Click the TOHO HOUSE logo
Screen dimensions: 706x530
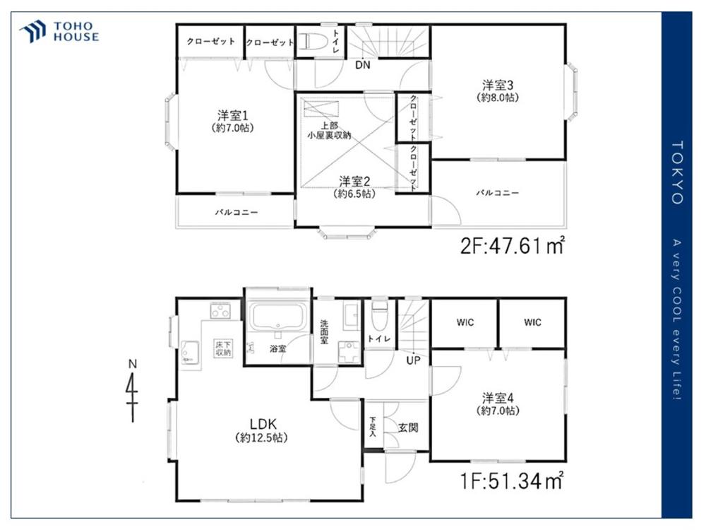click(59, 32)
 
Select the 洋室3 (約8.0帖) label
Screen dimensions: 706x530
click(498, 90)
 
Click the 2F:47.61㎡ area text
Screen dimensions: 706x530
click(513, 246)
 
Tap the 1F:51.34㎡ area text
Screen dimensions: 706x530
click(511, 481)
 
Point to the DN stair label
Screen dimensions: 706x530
click(362, 65)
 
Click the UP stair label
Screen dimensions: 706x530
click(413, 360)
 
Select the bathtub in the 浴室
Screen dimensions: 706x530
click(278, 317)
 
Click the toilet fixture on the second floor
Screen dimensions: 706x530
click(311, 41)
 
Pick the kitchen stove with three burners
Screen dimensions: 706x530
click(220, 311)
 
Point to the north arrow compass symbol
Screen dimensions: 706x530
click(133, 391)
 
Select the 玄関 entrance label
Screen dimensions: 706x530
click(408, 428)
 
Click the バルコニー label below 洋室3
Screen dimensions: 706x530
click(498, 193)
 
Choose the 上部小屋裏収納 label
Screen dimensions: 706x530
click(329, 130)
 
